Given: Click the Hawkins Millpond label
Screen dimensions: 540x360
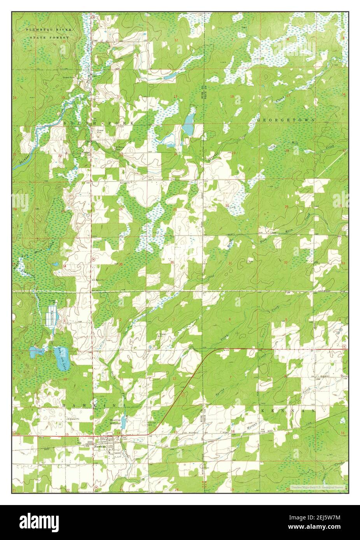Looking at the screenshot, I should click(x=115, y=422).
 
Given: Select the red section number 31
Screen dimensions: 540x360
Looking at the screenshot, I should click(x=230, y=263).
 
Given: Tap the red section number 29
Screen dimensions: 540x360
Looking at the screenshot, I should click(x=287, y=206).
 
